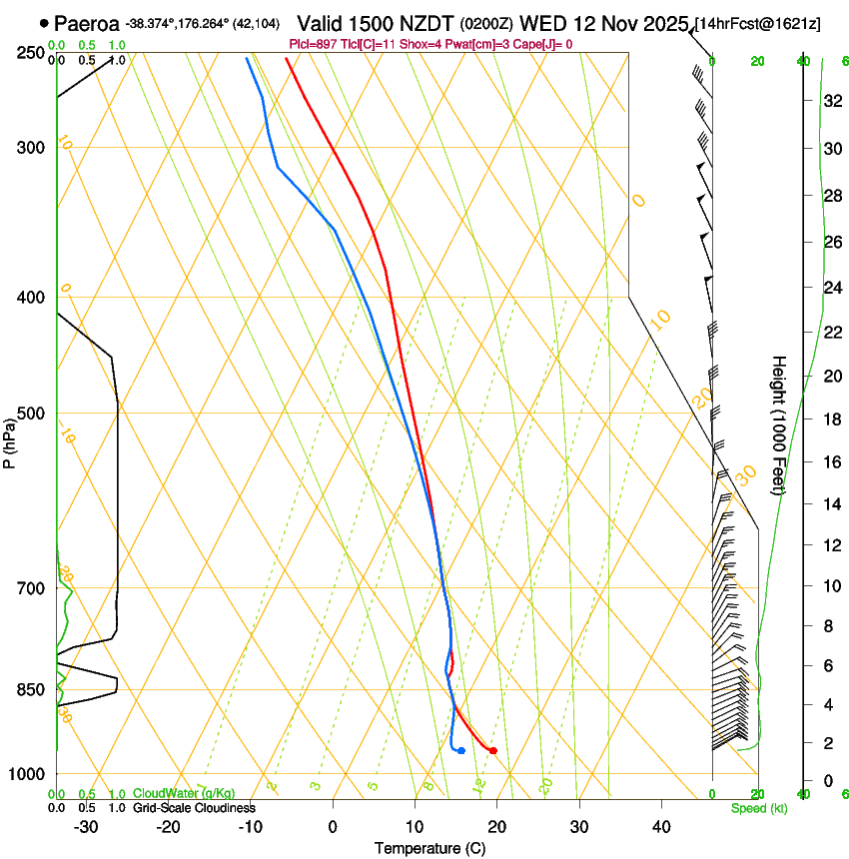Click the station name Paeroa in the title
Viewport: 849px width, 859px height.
87,23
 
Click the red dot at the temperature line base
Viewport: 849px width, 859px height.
493,750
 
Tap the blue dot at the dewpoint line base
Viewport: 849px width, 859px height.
460,750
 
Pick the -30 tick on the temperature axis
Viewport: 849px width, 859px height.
86,826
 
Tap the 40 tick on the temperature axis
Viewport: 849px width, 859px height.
660,826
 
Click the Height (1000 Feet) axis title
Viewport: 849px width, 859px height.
779,425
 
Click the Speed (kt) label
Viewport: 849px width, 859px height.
758,808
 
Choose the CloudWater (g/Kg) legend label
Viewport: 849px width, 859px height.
184,794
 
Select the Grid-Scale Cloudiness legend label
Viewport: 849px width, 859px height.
194,808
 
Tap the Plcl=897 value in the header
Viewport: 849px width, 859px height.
313,44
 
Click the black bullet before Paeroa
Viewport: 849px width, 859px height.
44,23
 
